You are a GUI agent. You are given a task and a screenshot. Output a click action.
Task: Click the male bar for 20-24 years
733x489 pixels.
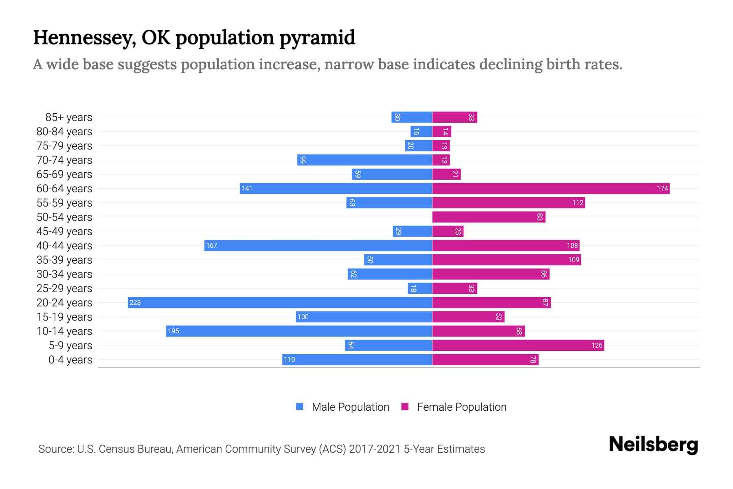coord(280,302)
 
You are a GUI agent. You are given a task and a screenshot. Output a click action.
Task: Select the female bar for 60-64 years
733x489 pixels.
coord(551,188)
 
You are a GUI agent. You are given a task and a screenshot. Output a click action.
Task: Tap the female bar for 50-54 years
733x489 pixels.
coord(489,217)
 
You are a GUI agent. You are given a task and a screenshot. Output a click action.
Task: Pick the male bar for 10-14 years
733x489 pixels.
coord(299,331)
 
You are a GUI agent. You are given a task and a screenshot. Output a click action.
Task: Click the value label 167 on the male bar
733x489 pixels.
coord(212,245)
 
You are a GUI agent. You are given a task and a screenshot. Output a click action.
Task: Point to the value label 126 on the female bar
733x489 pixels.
coord(597,345)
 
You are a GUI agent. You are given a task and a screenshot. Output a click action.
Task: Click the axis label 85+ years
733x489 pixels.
coord(69,117)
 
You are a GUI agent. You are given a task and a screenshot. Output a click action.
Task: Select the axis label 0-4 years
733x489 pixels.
coord(70,360)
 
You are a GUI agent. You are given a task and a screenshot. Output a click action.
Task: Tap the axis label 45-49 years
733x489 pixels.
coord(64,231)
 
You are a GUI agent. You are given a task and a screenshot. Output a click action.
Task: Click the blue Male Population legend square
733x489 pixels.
coord(300,407)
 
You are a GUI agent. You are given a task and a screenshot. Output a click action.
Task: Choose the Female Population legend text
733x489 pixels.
coord(461,407)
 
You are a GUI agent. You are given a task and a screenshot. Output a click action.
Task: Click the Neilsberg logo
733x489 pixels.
coord(653,445)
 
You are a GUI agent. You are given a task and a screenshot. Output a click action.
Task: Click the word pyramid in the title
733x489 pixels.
coord(317,38)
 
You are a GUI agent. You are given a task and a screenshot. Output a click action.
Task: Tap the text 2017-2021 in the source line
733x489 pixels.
coord(375,449)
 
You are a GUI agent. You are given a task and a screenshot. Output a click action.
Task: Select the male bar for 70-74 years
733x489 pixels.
coord(364,160)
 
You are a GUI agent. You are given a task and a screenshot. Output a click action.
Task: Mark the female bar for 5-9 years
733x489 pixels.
coord(518,345)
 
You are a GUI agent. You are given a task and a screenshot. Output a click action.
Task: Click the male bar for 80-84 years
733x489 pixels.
coord(421,131)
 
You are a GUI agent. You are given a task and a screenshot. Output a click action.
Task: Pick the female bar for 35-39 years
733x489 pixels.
coord(506,260)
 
